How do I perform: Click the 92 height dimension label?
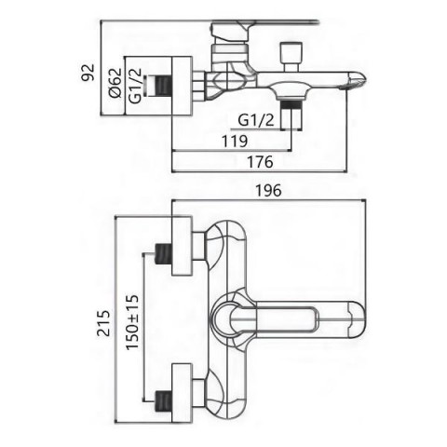point(88,73)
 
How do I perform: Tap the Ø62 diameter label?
point(115,83)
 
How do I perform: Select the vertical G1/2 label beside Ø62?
point(135,86)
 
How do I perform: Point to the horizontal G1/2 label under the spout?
point(256,120)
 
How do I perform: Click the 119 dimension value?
point(235,142)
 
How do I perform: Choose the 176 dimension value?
point(260,162)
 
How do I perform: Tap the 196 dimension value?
point(268,190)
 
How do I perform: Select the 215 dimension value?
point(103,323)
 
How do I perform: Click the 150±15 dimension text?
point(132,322)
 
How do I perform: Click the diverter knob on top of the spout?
point(291,56)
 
